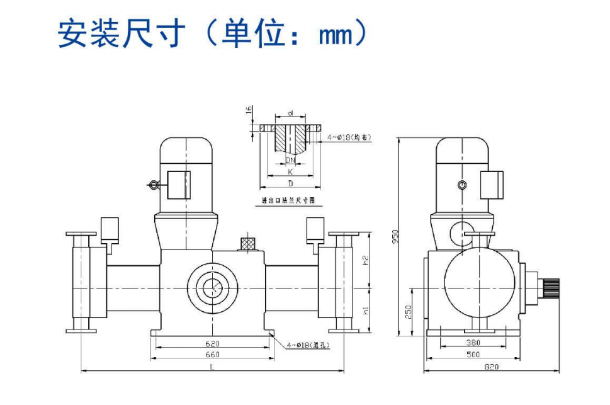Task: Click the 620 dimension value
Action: pyautogui.click(x=213, y=344)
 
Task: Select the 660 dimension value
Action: pyautogui.click(x=213, y=355)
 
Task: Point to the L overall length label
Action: pyautogui.click(x=212, y=367)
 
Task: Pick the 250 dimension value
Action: pyautogui.click(x=408, y=311)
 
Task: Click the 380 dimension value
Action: pyautogui.click(x=473, y=343)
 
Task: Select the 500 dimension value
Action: pyautogui.click(x=473, y=355)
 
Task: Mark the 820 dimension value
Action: pyautogui.click(x=492, y=367)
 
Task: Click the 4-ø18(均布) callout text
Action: pyautogui.click(x=349, y=137)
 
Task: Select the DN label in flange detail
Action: pyautogui.click(x=290, y=161)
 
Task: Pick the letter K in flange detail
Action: pyautogui.click(x=290, y=171)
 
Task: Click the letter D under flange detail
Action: pyautogui.click(x=290, y=183)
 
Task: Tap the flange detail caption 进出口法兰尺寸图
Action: pyautogui.click(x=288, y=200)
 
